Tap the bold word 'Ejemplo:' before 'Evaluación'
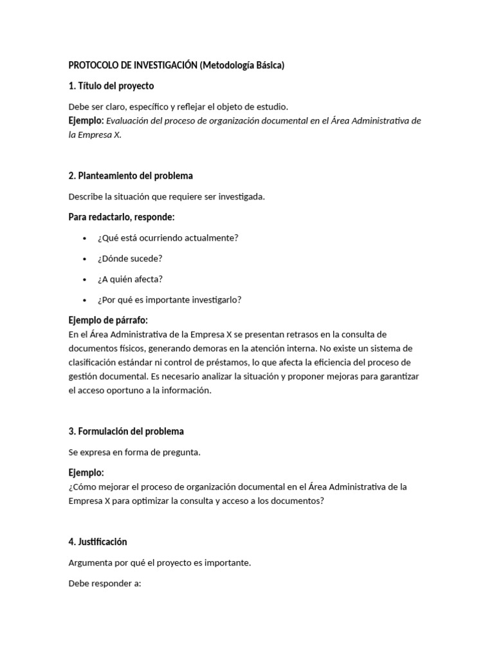86,120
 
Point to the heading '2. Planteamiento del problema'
131,176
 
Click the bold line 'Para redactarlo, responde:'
122,217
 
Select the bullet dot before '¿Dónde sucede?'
84,259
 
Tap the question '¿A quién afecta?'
130,279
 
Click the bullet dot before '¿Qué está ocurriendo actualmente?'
84,238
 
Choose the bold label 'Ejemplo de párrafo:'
108,320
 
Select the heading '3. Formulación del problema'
126,431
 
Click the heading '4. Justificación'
98,542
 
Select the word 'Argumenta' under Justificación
90,562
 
